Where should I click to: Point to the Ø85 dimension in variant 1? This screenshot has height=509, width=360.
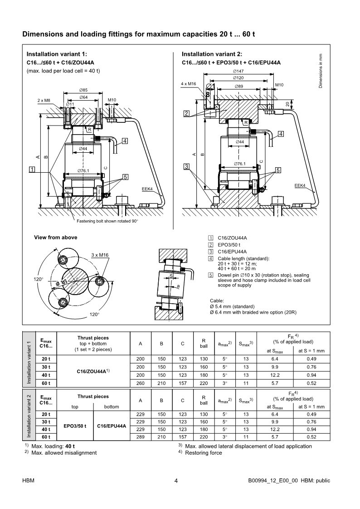[x=83, y=90]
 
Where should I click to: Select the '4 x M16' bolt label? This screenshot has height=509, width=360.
[x=188, y=84]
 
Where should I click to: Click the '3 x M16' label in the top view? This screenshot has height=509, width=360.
[x=99, y=255]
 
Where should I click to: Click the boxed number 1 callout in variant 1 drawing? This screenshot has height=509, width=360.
[x=32, y=170]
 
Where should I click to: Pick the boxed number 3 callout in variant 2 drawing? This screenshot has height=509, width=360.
[x=186, y=166]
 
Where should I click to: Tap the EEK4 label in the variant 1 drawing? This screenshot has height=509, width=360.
[x=147, y=189]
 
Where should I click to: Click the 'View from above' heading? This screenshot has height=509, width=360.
[x=55, y=238]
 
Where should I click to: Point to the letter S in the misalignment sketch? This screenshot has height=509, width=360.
[x=171, y=276]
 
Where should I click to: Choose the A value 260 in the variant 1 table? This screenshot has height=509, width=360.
[x=141, y=383]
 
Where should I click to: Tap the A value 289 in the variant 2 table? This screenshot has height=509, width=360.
[x=141, y=436]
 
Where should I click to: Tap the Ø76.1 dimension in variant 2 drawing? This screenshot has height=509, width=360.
[x=239, y=164]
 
